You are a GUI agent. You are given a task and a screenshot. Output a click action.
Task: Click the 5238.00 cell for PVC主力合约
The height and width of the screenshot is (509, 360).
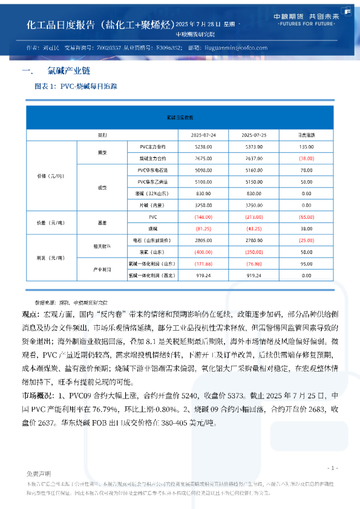click(204, 147)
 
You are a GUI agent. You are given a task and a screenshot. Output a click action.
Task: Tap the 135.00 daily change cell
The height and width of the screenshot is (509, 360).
click(306, 147)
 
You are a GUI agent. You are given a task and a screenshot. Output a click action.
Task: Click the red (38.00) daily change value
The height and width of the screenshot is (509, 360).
click(306, 158)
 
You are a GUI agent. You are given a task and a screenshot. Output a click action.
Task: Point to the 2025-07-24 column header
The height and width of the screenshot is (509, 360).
click(204, 135)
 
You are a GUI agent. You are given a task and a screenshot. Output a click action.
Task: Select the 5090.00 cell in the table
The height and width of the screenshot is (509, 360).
click(204, 170)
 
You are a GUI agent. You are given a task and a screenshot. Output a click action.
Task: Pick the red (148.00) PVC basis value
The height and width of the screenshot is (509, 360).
click(204, 216)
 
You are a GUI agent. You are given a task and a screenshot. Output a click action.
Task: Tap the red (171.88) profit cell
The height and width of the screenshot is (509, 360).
click(204, 264)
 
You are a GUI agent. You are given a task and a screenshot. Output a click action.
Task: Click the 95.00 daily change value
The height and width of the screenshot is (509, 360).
click(306, 264)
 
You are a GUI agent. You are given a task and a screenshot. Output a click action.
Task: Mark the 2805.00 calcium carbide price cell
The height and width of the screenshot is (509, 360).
click(204, 240)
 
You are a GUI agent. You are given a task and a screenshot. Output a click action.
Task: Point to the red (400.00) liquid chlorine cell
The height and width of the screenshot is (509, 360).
click(204, 251)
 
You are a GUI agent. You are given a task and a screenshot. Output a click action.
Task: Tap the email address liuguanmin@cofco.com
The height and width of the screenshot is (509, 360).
click(232, 47)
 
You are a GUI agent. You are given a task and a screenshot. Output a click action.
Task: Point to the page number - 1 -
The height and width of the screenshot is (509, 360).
click(332, 468)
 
